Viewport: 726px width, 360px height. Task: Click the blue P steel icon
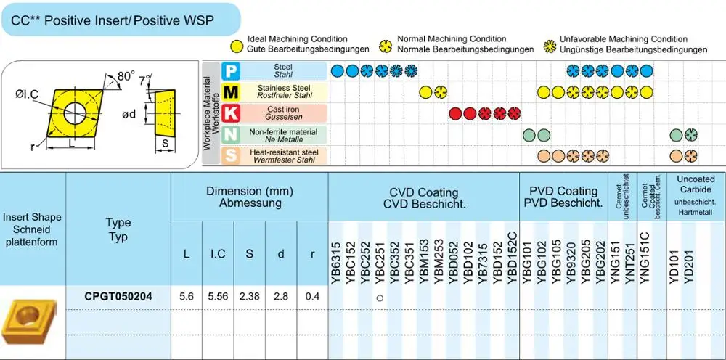(230, 70)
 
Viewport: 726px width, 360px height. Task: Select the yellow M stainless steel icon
(230, 91)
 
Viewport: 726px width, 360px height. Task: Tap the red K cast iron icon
(230, 113)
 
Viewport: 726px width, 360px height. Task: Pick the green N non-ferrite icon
(230, 134)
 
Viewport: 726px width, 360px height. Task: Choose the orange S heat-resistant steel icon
(230, 155)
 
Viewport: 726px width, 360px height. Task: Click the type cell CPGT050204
(118, 297)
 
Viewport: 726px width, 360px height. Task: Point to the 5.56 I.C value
(218, 297)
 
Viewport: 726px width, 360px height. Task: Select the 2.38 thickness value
(250, 297)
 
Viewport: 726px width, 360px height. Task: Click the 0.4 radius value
(312, 297)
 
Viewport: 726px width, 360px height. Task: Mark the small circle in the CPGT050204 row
(380, 298)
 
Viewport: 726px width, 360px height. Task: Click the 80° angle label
(126, 76)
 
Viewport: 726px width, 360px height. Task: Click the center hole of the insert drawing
(75, 113)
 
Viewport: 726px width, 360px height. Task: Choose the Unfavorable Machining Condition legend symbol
(550, 45)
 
